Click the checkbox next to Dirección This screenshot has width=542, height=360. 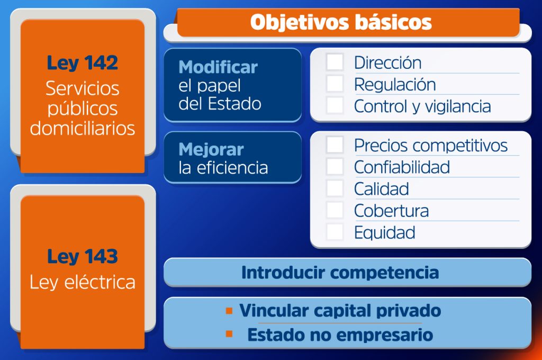pyautogui.click(x=335, y=62)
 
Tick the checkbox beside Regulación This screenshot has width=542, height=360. pyautogui.click(x=335, y=84)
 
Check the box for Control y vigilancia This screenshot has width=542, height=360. pyautogui.click(x=335, y=105)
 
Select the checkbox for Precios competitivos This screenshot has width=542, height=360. pyautogui.click(x=335, y=145)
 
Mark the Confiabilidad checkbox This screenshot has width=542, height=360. pyautogui.click(x=335, y=166)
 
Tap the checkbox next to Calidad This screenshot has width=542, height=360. pyautogui.click(x=335, y=188)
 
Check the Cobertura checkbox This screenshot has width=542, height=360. pyautogui.click(x=335, y=210)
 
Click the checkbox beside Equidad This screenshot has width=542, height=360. pyautogui.click(x=335, y=232)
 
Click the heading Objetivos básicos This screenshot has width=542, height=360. pyautogui.click(x=341, y=22)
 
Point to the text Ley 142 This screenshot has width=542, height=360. pyautogui.click(x=82, y=64)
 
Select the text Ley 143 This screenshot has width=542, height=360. pyautogui.click(x=82, y=257)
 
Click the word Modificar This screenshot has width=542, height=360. pyautogui.click(x=218, y=67)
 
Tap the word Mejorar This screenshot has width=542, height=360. pyautogui.click(x=211, y=150)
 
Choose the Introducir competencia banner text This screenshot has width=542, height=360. pyautogui.click(x=340, y=273)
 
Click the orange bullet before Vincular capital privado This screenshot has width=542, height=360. pyautogui.click(x=229, y=311)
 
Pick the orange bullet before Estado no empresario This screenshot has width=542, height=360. pyautogui.click(x=229, y=334)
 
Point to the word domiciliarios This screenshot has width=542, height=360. pyautogui.click(x=82, y=128)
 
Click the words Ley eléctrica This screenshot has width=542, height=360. pyautogui.click(x=82, y=282)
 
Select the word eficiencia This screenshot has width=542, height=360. pyautogui.click(x=232, y=168)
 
